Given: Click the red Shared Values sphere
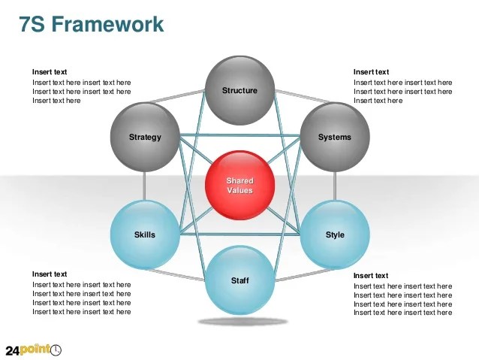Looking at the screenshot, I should (239, 186).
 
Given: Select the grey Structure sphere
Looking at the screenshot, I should (239, 91).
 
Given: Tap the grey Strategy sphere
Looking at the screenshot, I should (145, 138).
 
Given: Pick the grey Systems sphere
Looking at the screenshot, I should (334, 138).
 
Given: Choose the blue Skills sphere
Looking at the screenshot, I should (145, 234).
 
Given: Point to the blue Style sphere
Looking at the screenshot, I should (335, 234).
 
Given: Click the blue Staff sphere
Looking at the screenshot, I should (239, 280).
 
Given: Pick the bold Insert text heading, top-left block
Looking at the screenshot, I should (50, 72).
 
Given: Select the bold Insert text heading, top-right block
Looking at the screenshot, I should (371, 72).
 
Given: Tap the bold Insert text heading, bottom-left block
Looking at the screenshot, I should (50, 274).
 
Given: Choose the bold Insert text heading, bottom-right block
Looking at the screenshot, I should (371, 276).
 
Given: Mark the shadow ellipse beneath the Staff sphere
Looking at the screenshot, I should (239, 322).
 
